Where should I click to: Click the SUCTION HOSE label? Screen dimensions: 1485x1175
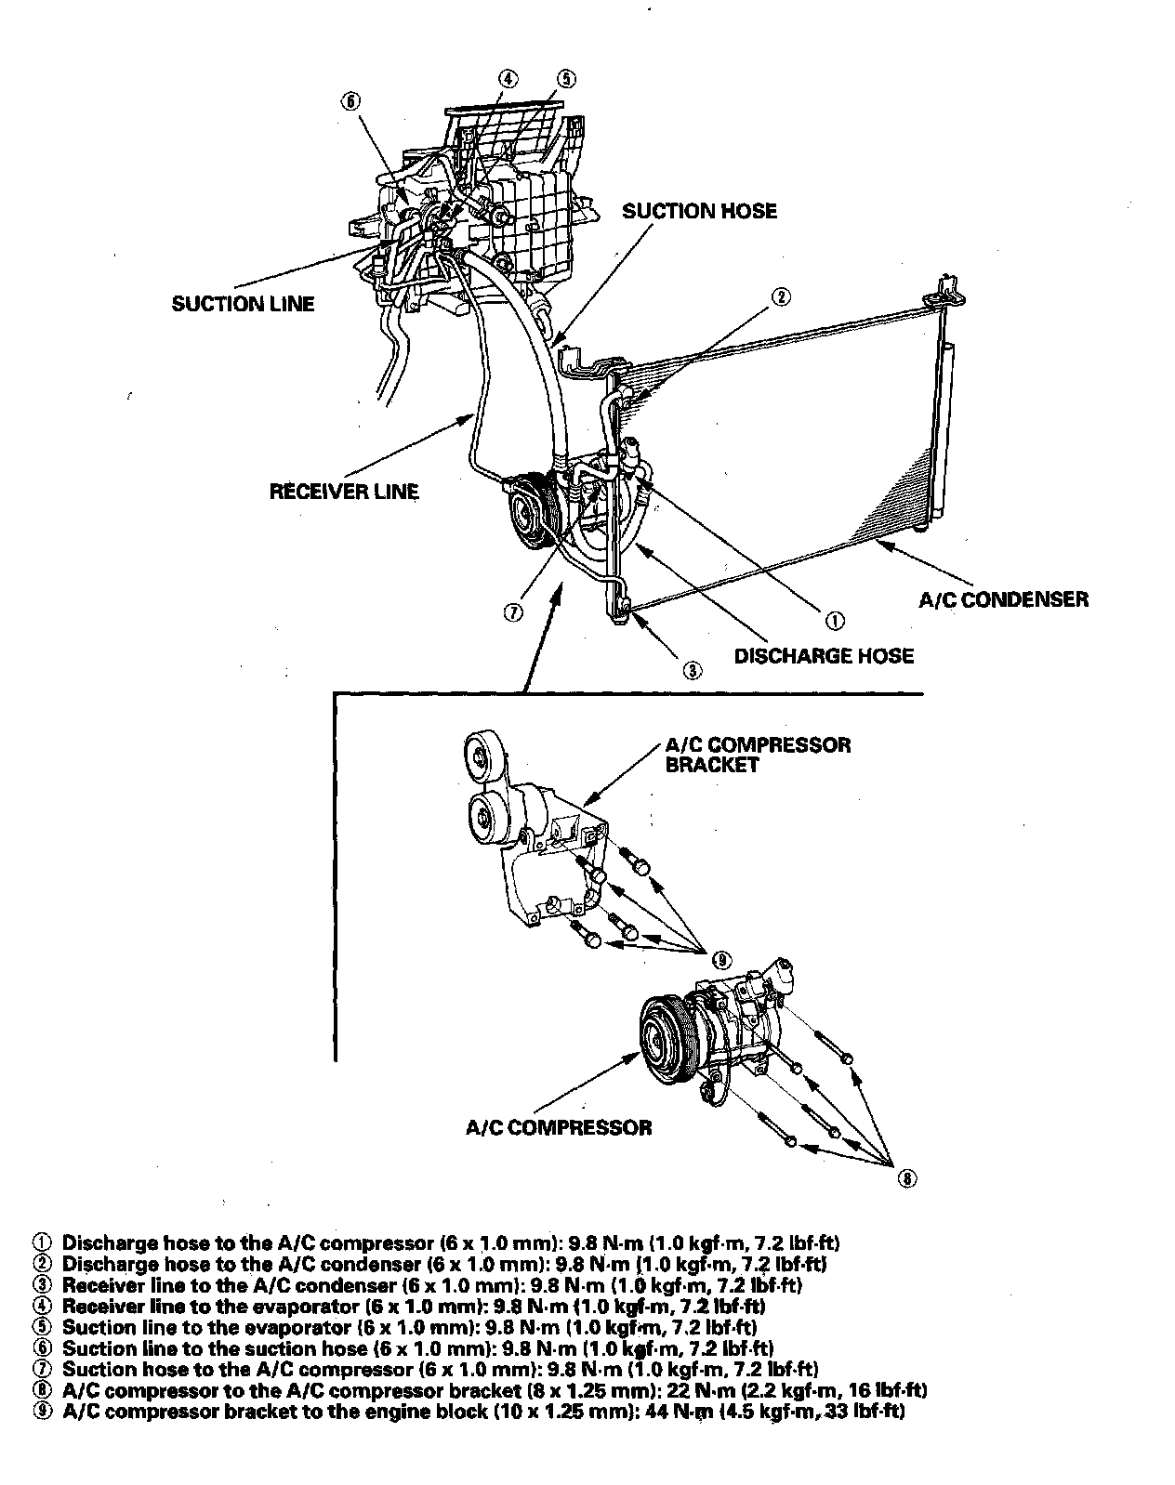tap(699, 211)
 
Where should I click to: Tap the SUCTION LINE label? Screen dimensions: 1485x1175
tap(243, 304)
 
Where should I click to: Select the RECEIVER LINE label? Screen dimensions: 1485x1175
tap(344, 491)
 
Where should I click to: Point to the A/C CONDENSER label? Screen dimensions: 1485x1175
tap(1003, 599)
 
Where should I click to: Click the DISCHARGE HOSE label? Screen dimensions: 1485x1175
tap(824, 656)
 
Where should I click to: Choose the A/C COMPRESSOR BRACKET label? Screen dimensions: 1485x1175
tap(758, 755)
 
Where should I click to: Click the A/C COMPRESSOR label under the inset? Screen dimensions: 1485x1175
tap(558, 1127)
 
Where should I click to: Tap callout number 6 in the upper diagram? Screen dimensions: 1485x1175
tap(350, 102)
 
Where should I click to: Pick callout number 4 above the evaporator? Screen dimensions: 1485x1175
tap(508, 78)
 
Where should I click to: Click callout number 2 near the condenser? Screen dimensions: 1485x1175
tap(781, 297)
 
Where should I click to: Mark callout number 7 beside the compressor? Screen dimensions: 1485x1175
tap(512, 611)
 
